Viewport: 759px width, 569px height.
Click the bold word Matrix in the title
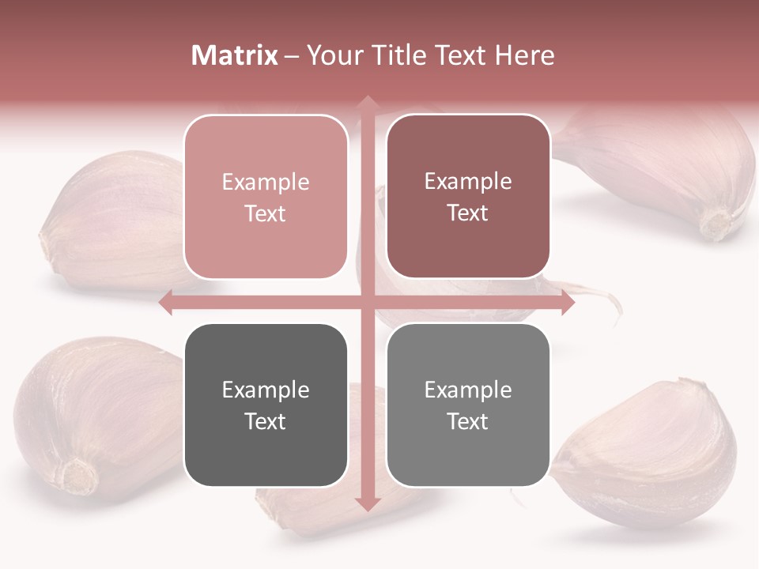point(235,55)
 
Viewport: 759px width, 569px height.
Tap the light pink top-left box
point(266,198)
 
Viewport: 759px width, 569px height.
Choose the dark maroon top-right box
point(468,197)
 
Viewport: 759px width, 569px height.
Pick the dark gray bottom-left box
point(266,405)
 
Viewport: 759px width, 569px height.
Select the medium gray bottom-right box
point(468,405)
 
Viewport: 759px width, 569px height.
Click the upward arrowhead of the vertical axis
point(367,103)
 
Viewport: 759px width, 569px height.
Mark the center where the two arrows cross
point(367,303)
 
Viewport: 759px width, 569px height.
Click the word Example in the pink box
point(266,183)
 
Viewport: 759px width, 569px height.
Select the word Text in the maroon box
point(468,213)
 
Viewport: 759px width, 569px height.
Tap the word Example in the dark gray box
point(266,390)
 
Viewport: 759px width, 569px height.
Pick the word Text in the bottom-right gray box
point(468,422)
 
